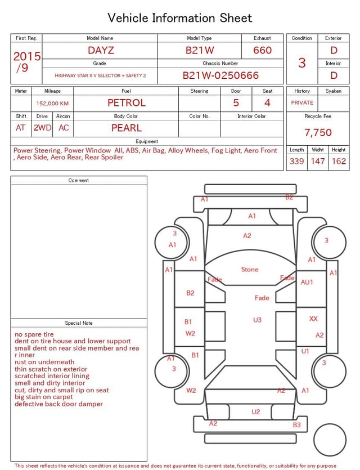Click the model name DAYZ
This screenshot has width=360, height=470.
click(101, 50)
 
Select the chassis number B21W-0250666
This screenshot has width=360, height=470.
click(220, 75)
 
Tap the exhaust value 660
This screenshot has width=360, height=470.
click(262, 50)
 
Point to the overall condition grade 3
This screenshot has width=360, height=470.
click(302, 63)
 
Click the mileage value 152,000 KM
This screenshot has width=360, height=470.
click(52, 104)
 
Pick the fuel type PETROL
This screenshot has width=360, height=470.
click(127, 103)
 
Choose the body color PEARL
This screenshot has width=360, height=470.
click(127, 128)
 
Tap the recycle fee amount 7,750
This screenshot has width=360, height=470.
click(318, 132)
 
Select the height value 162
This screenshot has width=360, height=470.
click(339, 161)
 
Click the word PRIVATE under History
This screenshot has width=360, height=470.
click(302, 102)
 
